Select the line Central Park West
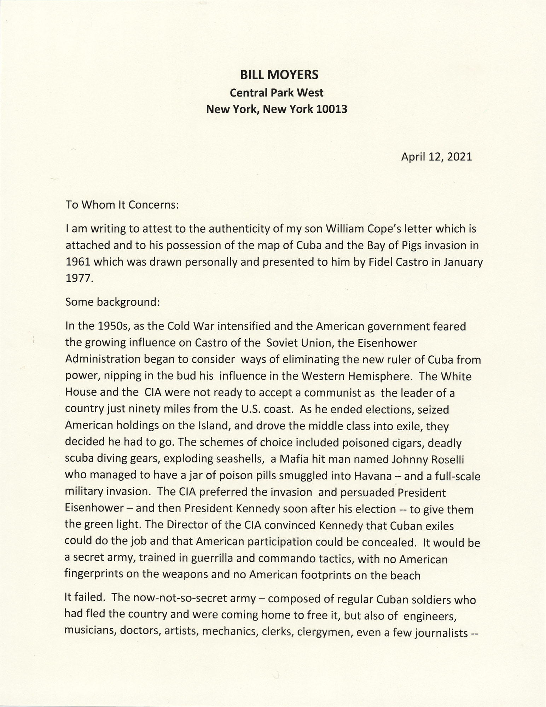coord(277,93)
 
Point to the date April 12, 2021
coord(436,157)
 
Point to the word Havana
coord(372,476)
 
